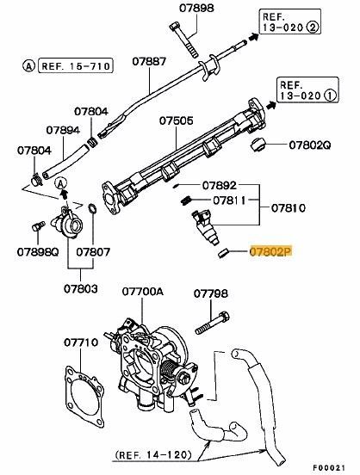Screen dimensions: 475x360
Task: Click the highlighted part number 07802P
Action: point(270,253)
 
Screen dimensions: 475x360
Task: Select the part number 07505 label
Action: point(175,122)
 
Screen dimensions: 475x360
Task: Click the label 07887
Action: point(149,62)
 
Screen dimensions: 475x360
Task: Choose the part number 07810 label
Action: point(289,208)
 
